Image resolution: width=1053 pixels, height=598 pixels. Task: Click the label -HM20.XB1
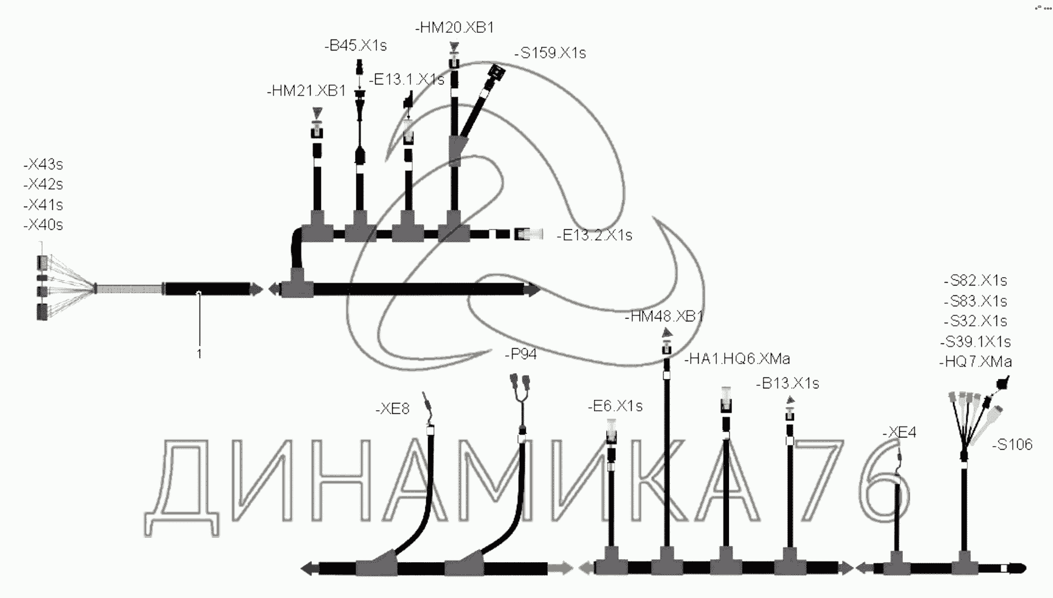[x=455, y=27]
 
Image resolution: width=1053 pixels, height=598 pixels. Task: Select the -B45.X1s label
[x=356, y=46]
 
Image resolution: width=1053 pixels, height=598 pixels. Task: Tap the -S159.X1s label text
[x=550, y=53]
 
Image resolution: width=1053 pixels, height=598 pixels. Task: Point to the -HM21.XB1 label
[x=306, y=91]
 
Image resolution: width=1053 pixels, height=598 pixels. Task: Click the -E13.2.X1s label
[x=595, y=235]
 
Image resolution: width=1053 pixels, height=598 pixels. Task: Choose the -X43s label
[x=43, y=164]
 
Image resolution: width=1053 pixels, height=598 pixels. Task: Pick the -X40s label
[x=43, y=225]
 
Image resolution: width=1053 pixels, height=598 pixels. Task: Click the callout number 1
[x=199, y=354]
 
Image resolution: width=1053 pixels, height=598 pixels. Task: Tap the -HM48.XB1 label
[x=664, y=316]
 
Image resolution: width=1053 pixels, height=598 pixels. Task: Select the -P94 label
[x=521, y=354]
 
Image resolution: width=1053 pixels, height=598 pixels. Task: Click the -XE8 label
[x=393, y=409]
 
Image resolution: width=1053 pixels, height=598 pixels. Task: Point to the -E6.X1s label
[x=615, y=406]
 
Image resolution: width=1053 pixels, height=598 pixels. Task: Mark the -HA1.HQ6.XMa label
[x=737, y=359]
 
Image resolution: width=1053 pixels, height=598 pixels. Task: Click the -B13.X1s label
[x=788, y=383]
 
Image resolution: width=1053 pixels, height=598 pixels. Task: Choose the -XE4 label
[x=899, y=432]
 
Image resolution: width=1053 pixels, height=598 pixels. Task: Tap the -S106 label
[x=1012, y=445]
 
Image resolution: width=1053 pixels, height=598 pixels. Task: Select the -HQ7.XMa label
[x=976, y=362]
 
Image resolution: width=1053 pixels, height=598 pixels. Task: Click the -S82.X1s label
[x=976, y=281]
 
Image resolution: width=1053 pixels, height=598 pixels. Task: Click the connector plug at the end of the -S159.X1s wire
[x=497, y=72]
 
